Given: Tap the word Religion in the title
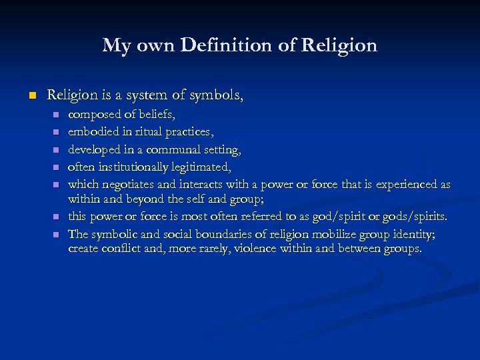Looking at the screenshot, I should pyautogui.click(x=339, y=45).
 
